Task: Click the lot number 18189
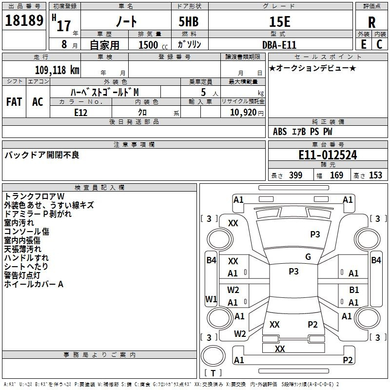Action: (x=24, y=20)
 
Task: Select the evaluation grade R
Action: (x=371, y=22)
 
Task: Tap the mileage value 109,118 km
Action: (x=57, y=70)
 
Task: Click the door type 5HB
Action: (x=189, y=21)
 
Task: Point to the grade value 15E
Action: (x=279, y=21)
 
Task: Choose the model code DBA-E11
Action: (x=279, y=45)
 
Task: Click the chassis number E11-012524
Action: (x=328, y=155)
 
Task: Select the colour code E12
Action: (x=80, y=113)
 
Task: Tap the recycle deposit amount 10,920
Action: (x=243, y=113)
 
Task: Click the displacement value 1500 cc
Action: (x=153, y=45)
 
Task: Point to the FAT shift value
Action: (x=14, y=102)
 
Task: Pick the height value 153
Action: (x=375, y=175)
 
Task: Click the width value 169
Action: (x=336, y=175)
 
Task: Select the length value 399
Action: (x=295, y=175)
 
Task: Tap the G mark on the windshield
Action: (x=308, y=257)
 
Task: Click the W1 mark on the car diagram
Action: (x=211, y=299)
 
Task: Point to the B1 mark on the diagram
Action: (x=354, y=290)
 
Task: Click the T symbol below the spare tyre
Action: (x=213, y=373)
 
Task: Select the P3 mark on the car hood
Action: (x=315, y=234)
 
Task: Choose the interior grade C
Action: (x=379, y=44)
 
